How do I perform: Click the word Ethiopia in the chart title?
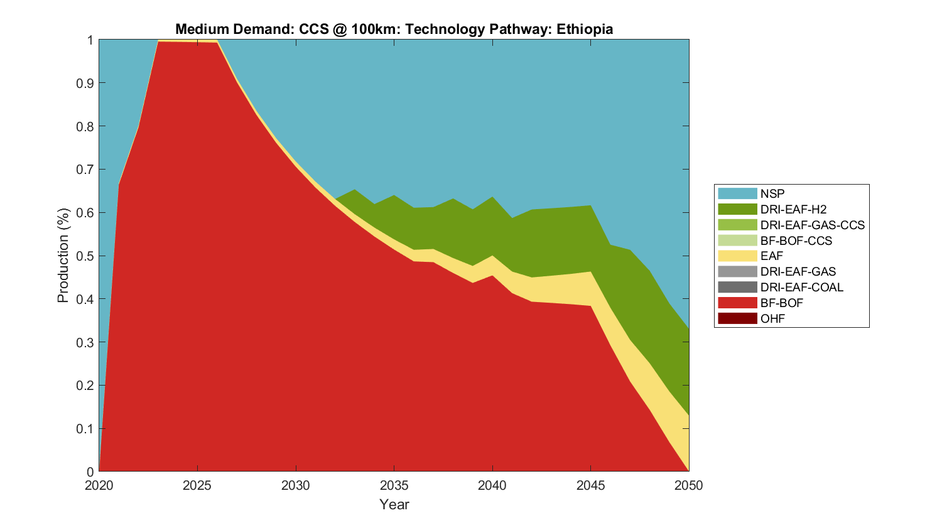tap(584, 29)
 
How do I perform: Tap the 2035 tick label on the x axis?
tap(394, 485)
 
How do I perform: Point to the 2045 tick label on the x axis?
tap(591, 485)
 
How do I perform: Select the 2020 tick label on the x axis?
tap(99, 485)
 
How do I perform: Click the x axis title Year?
tap(394, 504)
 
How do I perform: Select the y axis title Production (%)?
tap(63, 256)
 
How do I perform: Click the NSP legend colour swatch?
tap(737, 193)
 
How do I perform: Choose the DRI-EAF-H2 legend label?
tap(793, 209)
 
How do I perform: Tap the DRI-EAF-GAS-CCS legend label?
tap(812, 225)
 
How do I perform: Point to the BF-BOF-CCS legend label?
tap(796, 241)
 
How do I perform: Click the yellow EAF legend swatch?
tap(737, 256)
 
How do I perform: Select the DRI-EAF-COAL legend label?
tap(801, 287)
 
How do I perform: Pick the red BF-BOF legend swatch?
tap(737, 303)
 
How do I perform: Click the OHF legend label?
tap(772, 318)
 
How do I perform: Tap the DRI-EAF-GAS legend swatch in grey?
tap(737, 271)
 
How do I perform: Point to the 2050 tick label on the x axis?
tap(689, 485)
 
